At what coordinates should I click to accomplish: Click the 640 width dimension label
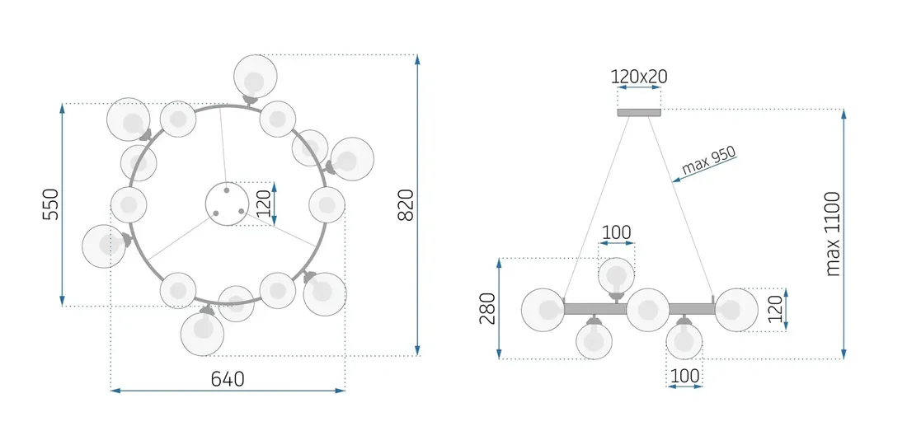(228, 379)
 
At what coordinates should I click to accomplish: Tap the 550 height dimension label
(51, 204)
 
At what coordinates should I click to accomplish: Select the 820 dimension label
(406, 204)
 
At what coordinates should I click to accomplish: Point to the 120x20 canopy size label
(639, 77)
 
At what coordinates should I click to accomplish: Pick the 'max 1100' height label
(833, 234)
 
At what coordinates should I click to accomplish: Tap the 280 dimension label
(488, 308)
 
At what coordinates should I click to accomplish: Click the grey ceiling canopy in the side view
(639, 113)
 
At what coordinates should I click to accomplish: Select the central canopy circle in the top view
(228, 204)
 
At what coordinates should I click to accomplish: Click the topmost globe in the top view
(255, 77)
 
